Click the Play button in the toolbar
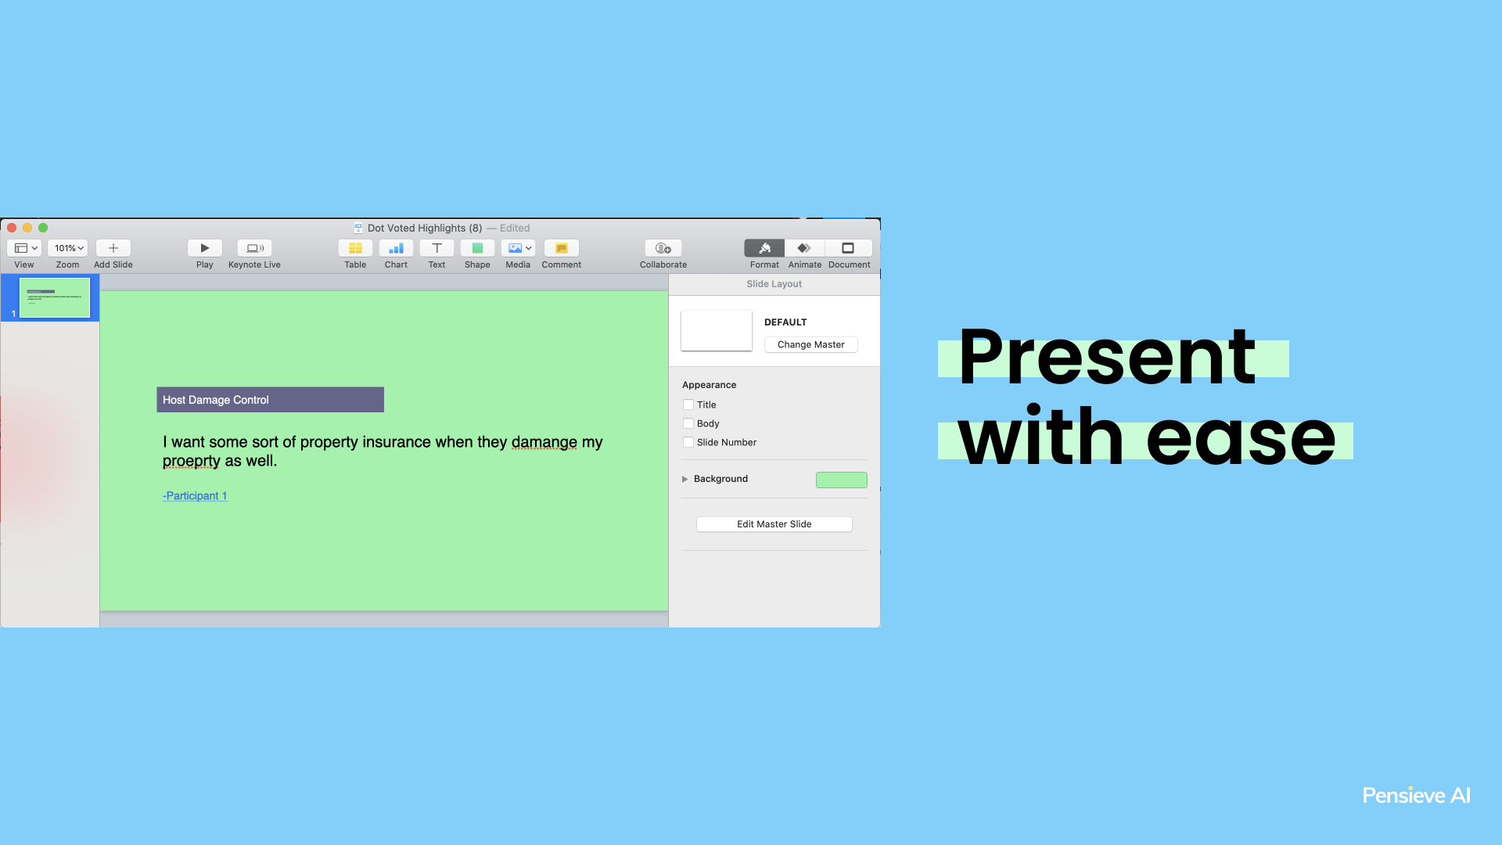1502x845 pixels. [205, 248]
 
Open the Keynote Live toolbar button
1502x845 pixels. [255, 248]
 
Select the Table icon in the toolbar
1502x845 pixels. [355, 248]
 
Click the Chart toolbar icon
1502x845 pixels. [396, 248]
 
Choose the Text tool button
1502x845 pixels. [437, 248]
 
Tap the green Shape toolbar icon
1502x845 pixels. [477, 248]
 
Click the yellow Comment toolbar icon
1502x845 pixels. [562, 248]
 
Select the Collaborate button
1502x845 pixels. [663, 248]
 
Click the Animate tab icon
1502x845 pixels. [804, 248]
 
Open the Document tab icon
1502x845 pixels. [848, 248]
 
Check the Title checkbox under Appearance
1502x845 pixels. [688, 405]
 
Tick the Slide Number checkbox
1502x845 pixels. [688, 442]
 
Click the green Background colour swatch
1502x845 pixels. [842, 480]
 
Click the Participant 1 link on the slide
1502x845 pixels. [195, 495]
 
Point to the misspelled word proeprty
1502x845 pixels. [192, 461]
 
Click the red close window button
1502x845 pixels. [12, 228]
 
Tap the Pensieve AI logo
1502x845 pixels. [1416, 796]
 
